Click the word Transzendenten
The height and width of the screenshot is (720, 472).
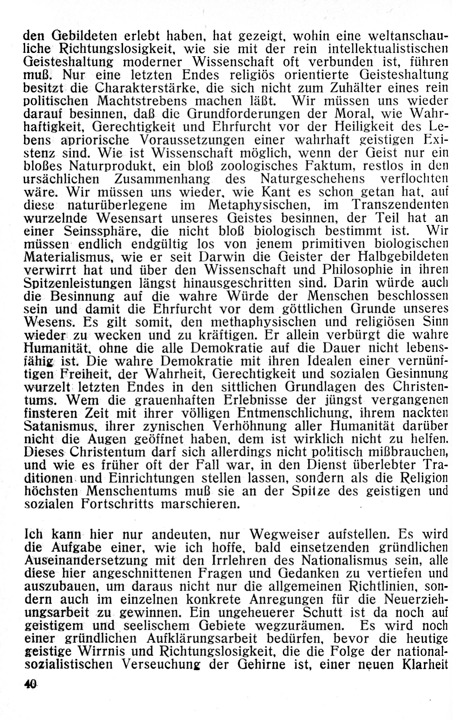pos(400,205)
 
